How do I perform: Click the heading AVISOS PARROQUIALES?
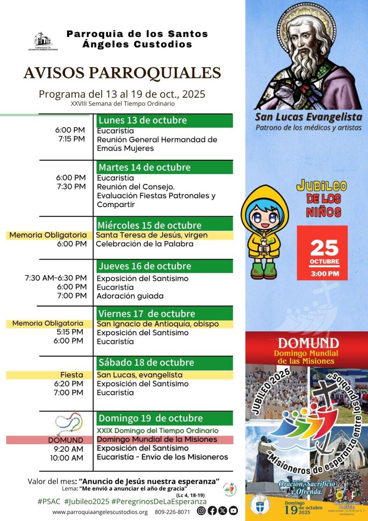point(122,73)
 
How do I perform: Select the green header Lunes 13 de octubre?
point(165,121)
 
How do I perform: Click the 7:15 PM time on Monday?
point(72,139)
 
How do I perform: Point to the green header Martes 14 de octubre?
point(165,167)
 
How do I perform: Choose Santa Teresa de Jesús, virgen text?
point(148,235)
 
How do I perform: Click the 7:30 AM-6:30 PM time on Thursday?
point(55,278)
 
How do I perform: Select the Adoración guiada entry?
point(130,296)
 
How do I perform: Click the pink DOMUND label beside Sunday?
point(66,440)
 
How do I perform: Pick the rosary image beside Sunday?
point(69,423)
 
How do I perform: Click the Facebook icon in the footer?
point(212,510)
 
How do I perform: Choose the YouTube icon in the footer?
point(233,510)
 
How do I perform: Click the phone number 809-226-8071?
point(172,512)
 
